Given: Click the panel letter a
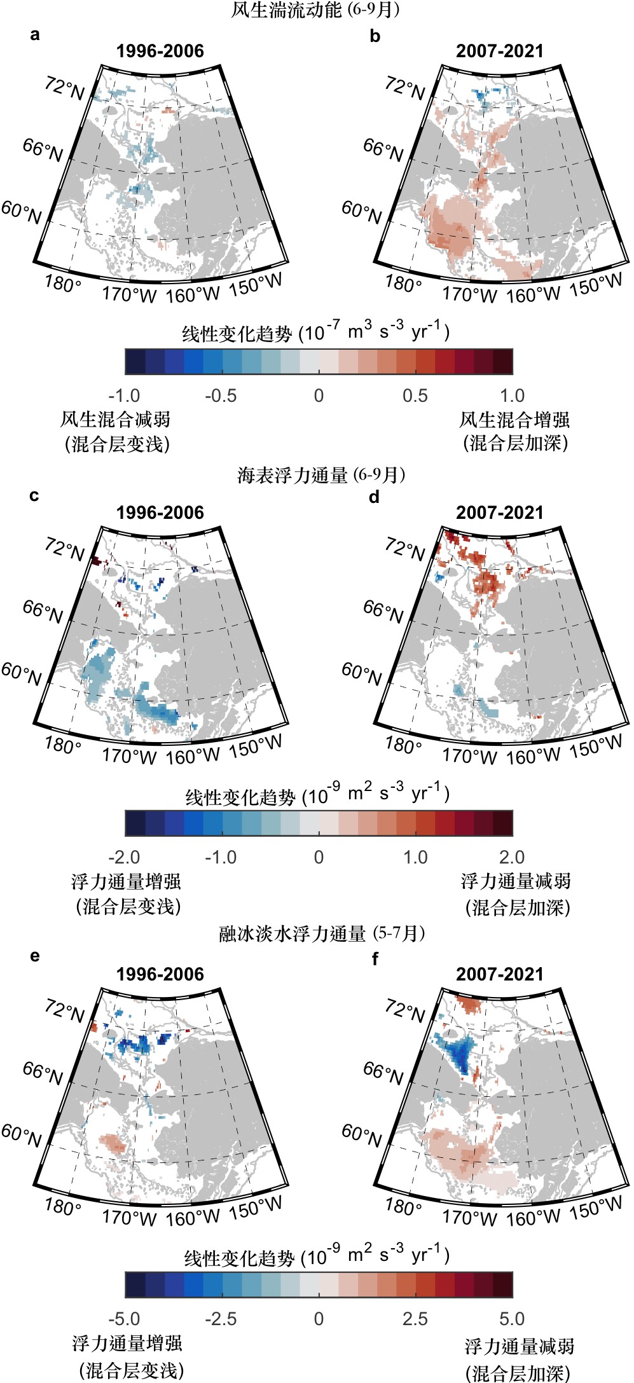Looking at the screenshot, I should (x=35, y=35).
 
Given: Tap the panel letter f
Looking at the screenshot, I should (x=375, y=959).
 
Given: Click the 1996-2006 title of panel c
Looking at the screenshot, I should (x=160, y=513).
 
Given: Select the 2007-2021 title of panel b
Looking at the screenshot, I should (x=500, y=52).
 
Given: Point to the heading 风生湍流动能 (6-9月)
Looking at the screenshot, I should (x=315, y=10).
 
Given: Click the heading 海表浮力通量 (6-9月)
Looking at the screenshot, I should (x=321, y=475).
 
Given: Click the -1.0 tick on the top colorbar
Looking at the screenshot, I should (x=125, y=396).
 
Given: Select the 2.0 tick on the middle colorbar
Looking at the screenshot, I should (x=512, y=857).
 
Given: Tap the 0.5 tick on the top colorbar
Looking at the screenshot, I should (x=415, y=396).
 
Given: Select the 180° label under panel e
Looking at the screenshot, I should (x=62, y=1206).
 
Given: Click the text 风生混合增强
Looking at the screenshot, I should (x=514, y=420).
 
